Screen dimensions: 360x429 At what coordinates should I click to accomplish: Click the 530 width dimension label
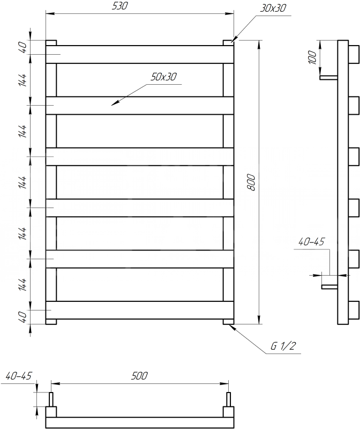[x=119, y=6]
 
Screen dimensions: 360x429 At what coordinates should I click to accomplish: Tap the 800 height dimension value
[x=251, y=182]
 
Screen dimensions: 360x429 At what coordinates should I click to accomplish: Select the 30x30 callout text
[x=273, y=8]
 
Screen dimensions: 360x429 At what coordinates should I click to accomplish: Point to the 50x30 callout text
[x=163, y=77]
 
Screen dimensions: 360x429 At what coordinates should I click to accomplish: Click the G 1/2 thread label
[x=283, y=346]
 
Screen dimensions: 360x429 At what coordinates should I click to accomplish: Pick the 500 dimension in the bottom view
[x=139, y=376]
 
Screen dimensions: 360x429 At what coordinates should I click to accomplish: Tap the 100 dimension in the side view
[x=312, y=57]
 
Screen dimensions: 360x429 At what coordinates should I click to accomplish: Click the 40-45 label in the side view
[x=311, y=242]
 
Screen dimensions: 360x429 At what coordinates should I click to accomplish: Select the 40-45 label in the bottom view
[x=19, y=376]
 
